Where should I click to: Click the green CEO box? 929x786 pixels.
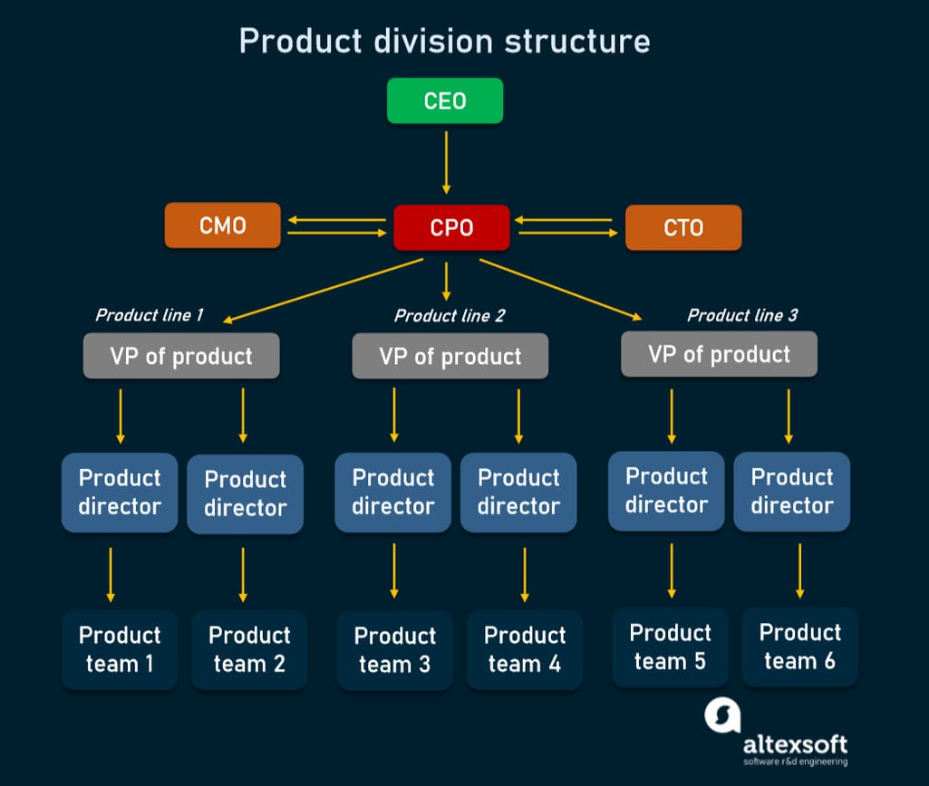click(444, 101)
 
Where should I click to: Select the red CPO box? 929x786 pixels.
click(451, 227)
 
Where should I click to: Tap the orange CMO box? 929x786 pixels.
click(222, 225)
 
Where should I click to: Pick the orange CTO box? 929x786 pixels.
click(682, 227)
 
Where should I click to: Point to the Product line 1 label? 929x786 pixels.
click(149, 315)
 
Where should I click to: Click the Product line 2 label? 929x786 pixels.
click(450, 316)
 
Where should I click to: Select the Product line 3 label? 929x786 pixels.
click(742, 315)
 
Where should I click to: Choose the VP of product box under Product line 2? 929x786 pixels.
click(450, 356)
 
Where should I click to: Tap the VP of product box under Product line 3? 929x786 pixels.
click(719, 354)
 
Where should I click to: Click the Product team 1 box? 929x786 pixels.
click(120, 649)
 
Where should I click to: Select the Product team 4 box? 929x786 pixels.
click(524, 650)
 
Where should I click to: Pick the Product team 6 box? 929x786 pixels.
click(799, 647)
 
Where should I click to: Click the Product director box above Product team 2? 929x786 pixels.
click(245, 494)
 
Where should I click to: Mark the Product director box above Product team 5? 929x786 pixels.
click(666, 491)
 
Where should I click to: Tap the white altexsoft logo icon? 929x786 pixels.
click(722, 715)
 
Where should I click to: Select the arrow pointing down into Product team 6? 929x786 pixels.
click(799, 570)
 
